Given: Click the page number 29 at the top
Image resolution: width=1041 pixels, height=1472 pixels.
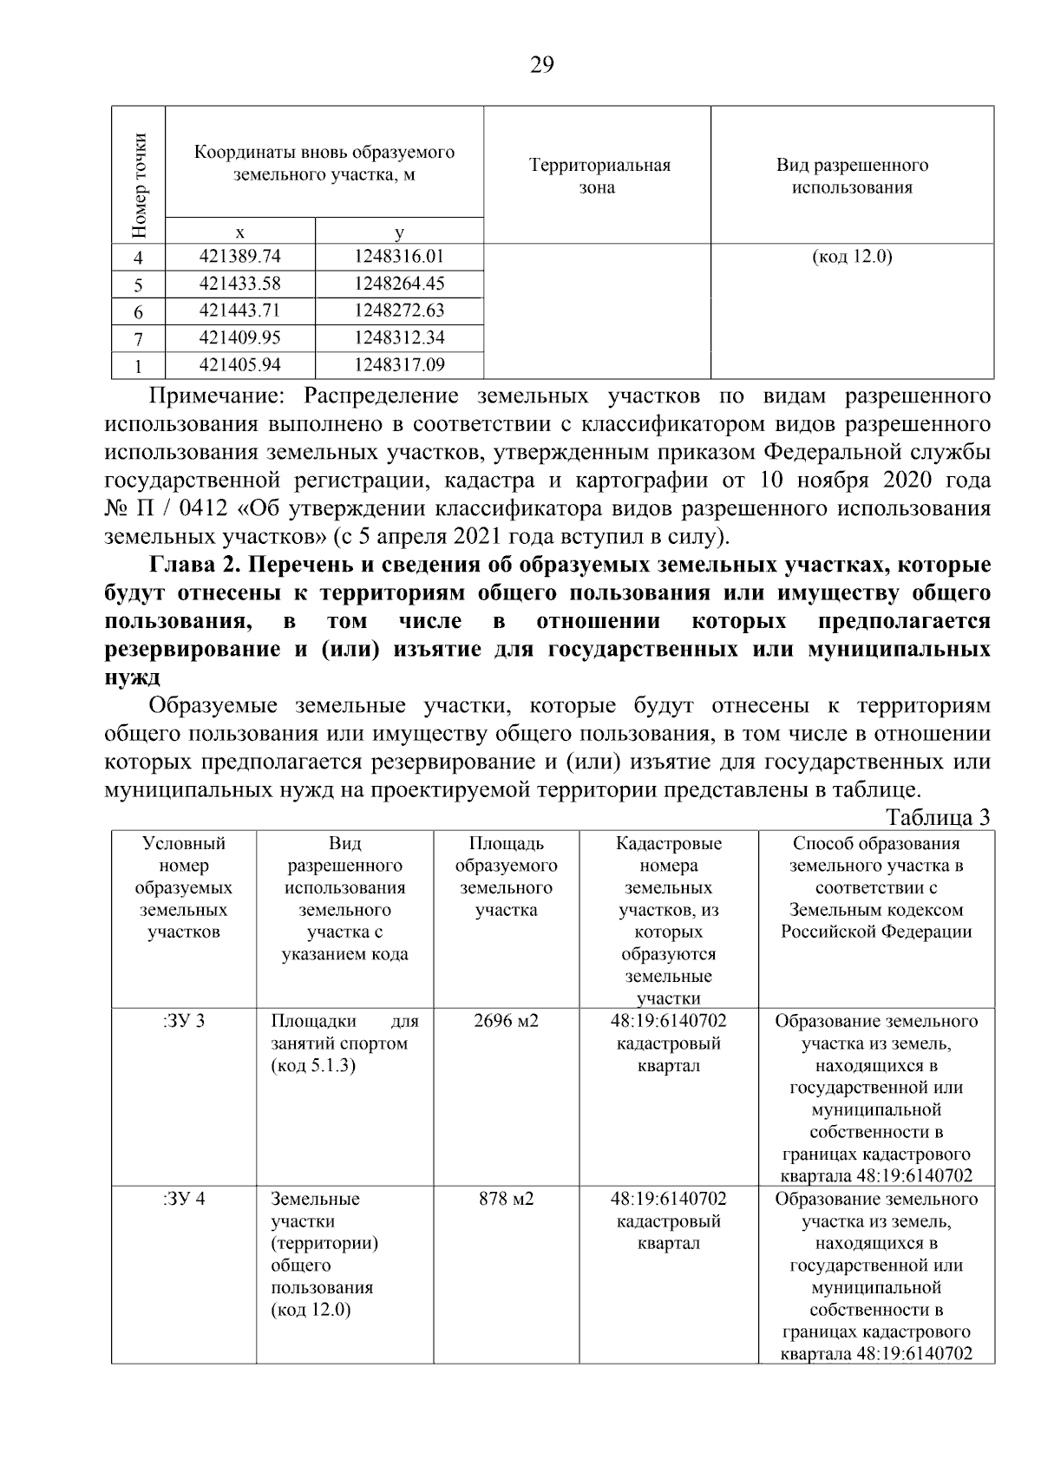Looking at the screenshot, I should tap(541, 66).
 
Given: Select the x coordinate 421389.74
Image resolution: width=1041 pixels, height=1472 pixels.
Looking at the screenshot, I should tap(240, 257).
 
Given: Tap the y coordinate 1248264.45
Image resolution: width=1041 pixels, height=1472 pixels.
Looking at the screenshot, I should tap(399, 284).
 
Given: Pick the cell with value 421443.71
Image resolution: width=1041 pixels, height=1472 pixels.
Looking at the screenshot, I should tap(240, 311).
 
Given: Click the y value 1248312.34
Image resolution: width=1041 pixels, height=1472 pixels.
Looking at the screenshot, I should tap(399, 337).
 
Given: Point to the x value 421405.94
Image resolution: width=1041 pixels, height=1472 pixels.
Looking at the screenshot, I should tap(240, 364).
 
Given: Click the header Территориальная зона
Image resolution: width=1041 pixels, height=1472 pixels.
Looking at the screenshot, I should tap(599, 176).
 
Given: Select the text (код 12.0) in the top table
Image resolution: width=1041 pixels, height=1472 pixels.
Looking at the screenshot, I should tap(852, 257).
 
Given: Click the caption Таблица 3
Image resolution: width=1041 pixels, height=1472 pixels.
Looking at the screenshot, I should tap(938, 817).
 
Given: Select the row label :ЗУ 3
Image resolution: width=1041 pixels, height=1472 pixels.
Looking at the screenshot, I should tap(184, 1021).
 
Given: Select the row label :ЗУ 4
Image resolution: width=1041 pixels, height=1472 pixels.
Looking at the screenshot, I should tap(184, 1199).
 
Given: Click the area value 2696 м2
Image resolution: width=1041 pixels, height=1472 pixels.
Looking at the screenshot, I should tap(506, 1021).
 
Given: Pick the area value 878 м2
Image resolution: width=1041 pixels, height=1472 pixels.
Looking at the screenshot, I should tap(506, 1199).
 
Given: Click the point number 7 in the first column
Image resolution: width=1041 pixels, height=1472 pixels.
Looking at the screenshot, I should tap(138, 338).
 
